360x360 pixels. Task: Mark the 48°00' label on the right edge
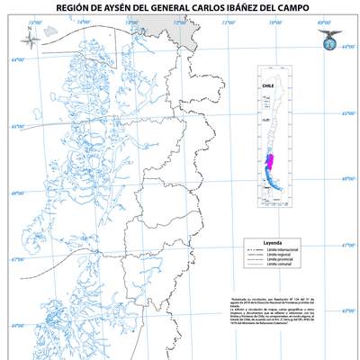click(347, 311)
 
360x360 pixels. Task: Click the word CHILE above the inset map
click(267, 87)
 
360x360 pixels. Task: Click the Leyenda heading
click(274, 243)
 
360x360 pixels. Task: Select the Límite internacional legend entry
click(284, 249)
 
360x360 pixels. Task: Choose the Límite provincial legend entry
click(283, 261)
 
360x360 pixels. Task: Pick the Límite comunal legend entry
click(283, 267)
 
